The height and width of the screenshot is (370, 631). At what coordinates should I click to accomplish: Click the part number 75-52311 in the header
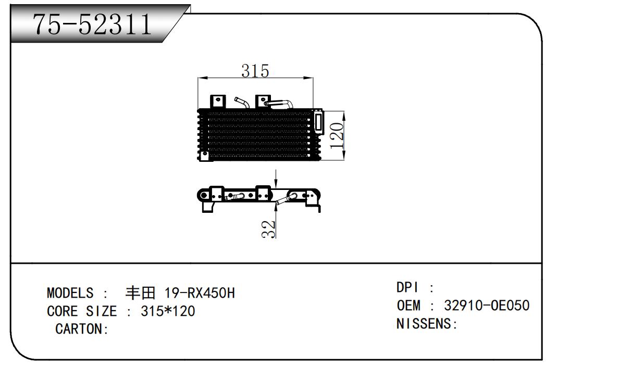click(x=92, y=24)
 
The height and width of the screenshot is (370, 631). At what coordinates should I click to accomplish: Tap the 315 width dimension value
click(x=255, y=71)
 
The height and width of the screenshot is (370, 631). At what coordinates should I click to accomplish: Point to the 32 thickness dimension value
click(x=268, y=229)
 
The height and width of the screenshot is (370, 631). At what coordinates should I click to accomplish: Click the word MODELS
click(x=70, y=293)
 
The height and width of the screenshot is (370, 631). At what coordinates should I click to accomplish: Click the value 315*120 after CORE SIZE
click(x=168, y=311)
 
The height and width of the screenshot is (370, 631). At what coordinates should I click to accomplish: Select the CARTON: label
click(x=82, y=329)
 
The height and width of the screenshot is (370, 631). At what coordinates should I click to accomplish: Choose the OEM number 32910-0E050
click(x=487, y=305)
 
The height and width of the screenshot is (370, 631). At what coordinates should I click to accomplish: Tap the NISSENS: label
click(x=426, y=324)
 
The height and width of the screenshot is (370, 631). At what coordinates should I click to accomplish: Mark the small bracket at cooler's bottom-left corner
click(x=205, y=156)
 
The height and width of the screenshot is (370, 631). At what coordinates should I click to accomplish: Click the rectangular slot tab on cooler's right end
click(x=318, y=122)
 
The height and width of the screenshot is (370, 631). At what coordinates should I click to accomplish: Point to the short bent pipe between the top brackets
click(x=242, y=103)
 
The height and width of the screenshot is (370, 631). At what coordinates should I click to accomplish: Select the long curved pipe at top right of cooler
click(x=280, y=103)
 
